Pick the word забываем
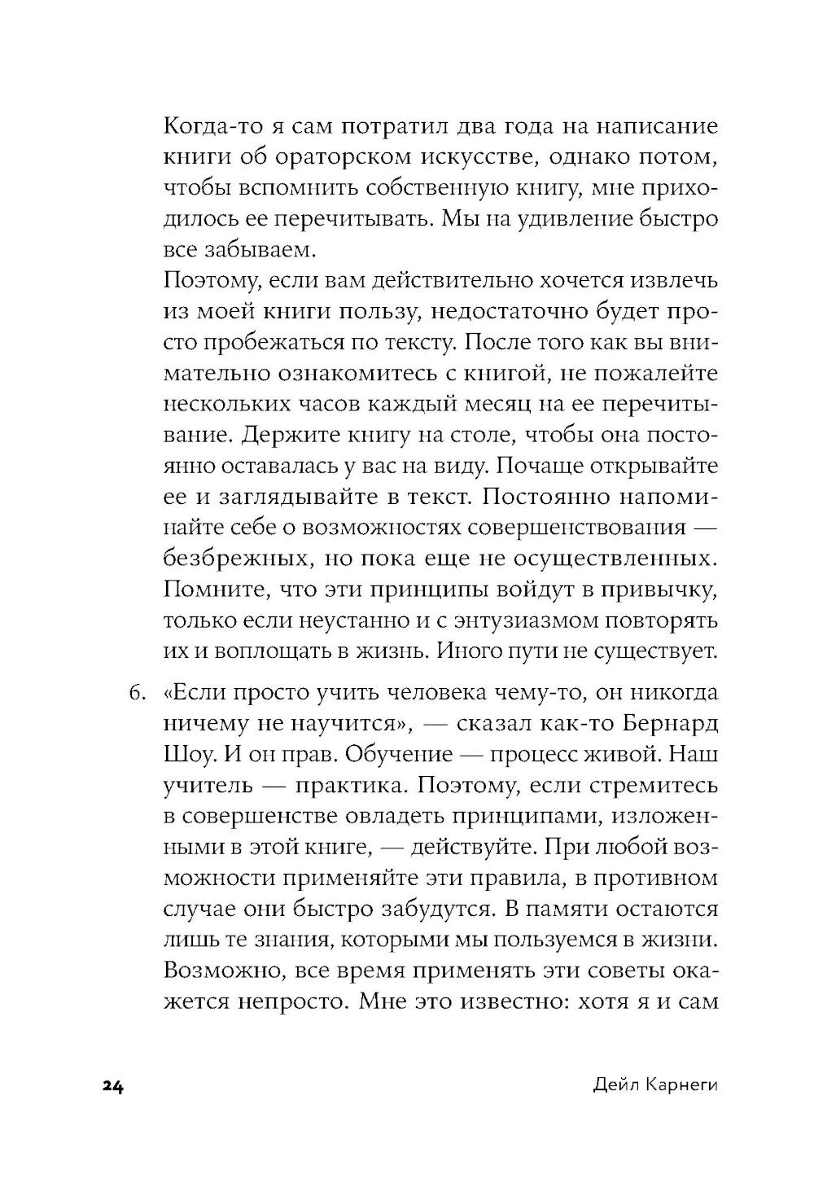click(251, 249)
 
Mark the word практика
click(333, 786)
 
